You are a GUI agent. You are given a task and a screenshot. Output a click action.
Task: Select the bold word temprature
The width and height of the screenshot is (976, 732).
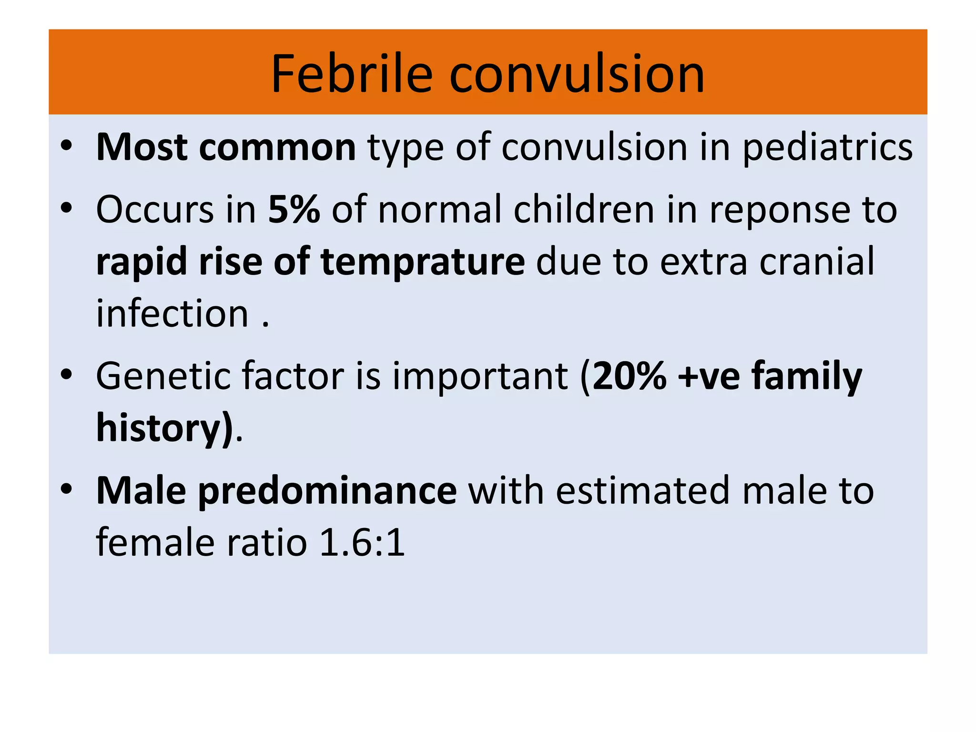(423, 262)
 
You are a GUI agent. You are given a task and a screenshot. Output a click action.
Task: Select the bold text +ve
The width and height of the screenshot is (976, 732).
(709, 376)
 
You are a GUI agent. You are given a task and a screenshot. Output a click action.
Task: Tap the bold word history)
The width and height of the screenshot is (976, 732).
(164, 428)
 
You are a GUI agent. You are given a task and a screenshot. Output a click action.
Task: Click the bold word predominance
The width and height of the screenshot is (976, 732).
(327, 491)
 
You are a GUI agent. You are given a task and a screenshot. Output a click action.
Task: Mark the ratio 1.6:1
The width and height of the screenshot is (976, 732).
(362, 543)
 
